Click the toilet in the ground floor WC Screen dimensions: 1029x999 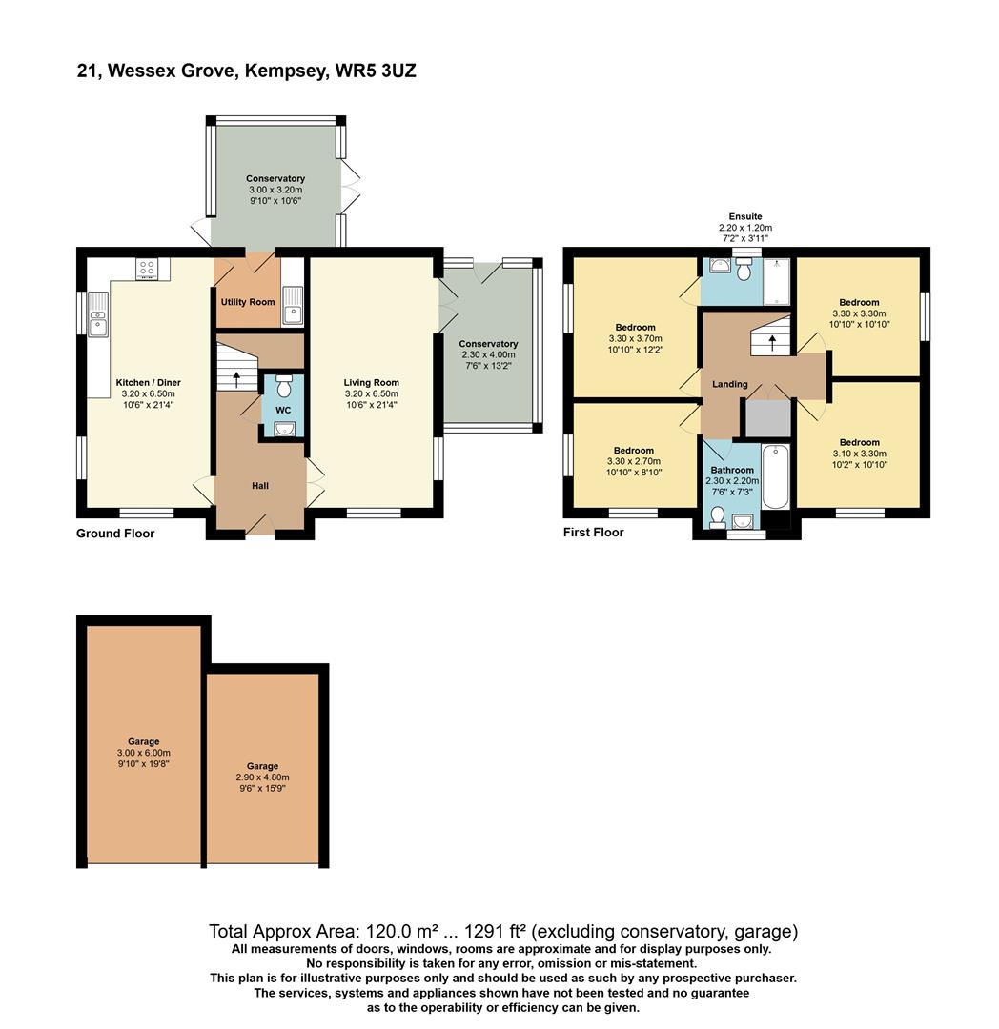(283, 388)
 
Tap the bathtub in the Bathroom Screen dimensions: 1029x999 (776, 475)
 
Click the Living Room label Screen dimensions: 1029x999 (372, 383)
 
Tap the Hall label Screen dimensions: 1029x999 (259, 486)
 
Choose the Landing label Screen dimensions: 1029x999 (729, 384)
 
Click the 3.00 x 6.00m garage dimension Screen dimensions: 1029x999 (144, 753)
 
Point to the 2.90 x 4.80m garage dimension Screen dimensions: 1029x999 (262, 777)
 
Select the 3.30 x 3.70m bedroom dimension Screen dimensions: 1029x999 (634, 338)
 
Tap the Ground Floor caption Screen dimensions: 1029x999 (115, 534)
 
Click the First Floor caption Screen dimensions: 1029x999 (593, 533)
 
